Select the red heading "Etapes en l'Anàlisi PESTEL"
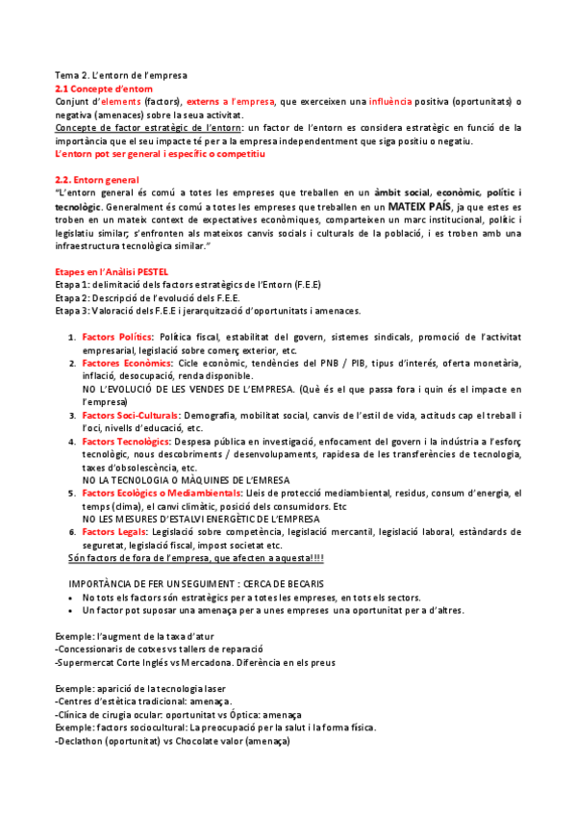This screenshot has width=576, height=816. click(112, 272)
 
